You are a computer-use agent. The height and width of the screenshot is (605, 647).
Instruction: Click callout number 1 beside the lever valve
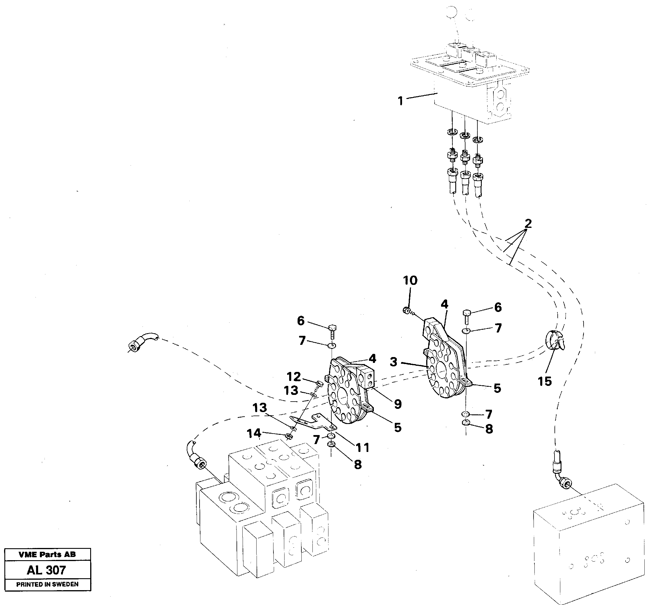(x=400, y=101)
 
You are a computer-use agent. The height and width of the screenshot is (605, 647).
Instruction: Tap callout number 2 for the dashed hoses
(x=528, y=223)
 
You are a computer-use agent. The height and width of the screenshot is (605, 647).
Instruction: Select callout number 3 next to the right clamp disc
(x=394, y=362)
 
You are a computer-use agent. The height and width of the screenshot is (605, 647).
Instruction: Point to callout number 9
(x=398, y=404)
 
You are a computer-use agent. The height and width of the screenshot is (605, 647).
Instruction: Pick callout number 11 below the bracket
(x=362, y=448)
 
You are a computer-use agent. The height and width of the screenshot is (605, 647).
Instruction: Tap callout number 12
(x=294, y=377)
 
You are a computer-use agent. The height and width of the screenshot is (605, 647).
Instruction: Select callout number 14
(x=254, y=433)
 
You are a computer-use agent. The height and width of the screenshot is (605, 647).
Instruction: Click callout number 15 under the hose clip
(x=545, y=381)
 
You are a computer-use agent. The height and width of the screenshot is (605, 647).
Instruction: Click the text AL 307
(x=47, y=570)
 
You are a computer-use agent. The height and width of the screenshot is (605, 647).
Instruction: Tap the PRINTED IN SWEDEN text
(x=47, y=584)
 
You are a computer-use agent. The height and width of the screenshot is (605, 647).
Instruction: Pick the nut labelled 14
(x=288, y=436)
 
